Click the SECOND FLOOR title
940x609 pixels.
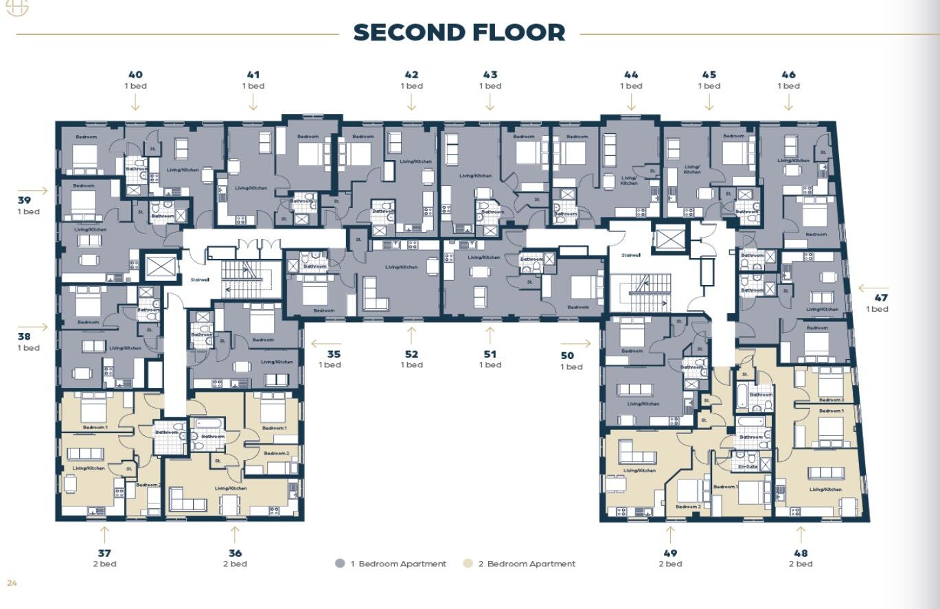click(459, 32)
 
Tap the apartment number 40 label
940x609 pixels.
click(135, 75)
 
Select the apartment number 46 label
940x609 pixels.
click(788, 75)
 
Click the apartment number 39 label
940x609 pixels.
click(25, 200)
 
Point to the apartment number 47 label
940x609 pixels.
click(880, 298)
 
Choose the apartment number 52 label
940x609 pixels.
click(411, 354)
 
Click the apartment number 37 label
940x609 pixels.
click(104, 553)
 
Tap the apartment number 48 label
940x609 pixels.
click(801, 553)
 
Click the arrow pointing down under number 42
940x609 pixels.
click(411, 102)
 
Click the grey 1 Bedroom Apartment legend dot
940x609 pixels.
click(340, 564)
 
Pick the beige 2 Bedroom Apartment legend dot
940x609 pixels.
click(468, 564)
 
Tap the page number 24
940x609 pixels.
click(12, 583)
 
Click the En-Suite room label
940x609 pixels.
click(748, 466)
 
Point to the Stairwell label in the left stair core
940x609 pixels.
click(200, 279)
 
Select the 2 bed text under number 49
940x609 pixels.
click(670, 564)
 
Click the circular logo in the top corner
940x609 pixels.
click(16, 7)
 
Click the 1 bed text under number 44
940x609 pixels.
click(631, 86)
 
